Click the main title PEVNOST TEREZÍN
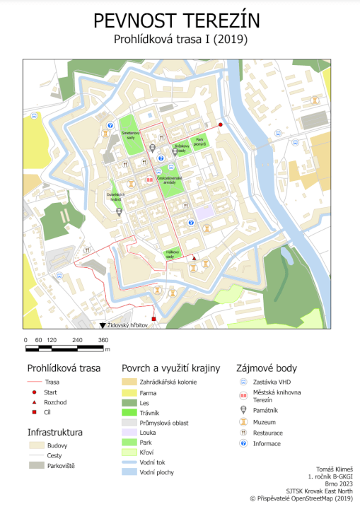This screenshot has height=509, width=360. point(180,21)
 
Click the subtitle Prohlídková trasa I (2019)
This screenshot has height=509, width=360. point(180,40)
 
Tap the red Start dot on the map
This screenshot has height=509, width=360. point(220,125)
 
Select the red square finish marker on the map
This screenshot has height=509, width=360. point(153,320)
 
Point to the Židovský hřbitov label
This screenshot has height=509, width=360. point(127,325)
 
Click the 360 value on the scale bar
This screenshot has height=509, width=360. point(103,341)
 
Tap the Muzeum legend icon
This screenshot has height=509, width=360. point(242,421)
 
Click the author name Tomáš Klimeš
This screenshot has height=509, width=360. point(333,469)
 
